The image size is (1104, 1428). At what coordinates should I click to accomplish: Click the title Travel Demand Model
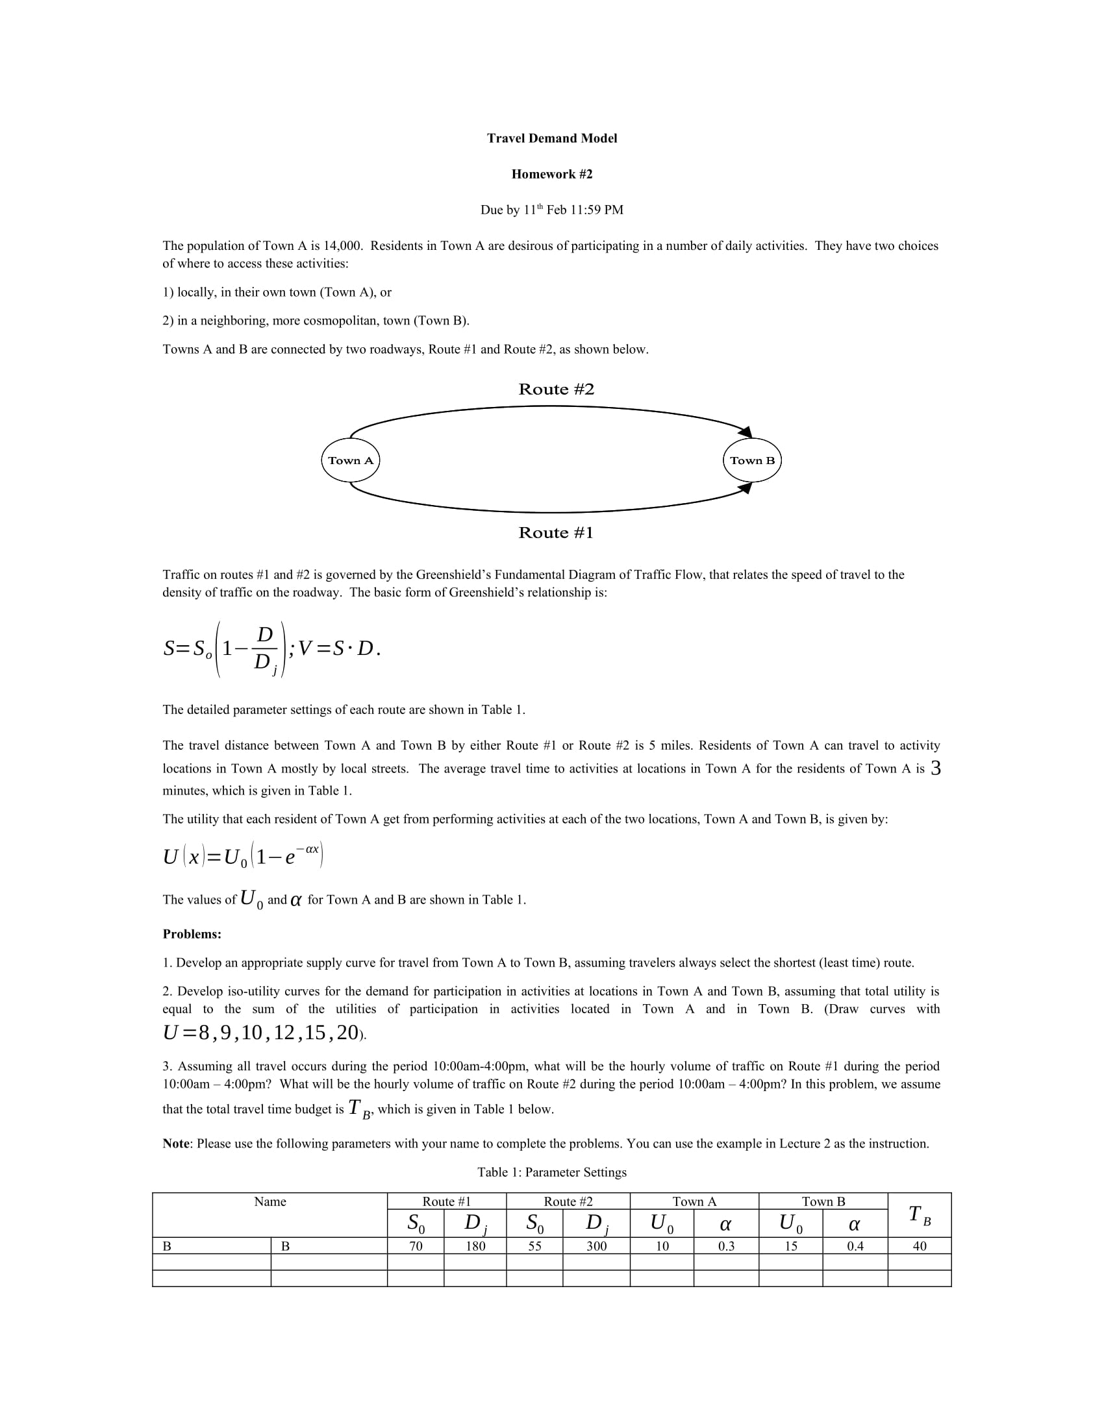point(551,138)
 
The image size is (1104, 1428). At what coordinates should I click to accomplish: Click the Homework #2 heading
point(551,174)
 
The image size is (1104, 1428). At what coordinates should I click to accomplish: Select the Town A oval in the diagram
point(351,460)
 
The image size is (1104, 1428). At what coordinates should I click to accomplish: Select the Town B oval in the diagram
point(752,460)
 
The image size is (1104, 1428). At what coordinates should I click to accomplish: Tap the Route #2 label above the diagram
point(556,389)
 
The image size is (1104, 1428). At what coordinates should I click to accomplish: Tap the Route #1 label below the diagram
point(556,533)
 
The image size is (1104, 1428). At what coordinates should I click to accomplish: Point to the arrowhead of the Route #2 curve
point(746,432)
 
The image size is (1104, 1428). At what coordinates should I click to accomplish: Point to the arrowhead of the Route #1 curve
point(746,488)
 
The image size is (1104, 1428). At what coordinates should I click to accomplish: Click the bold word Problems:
point(192,934)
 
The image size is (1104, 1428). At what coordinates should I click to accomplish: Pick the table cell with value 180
point(475,1246)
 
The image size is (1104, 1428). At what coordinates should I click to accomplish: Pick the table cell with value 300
point(596,1246)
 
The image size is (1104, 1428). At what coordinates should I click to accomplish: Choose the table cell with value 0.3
point(726,1246)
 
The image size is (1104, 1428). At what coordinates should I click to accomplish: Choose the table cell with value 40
point(919,1246)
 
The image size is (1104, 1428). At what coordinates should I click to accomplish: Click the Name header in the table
point(270,1201)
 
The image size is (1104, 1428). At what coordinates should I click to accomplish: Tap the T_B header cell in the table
point(919,1215)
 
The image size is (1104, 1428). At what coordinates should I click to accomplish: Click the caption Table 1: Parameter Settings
point(551,1172)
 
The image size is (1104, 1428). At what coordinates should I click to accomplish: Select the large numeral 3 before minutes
point(935,769)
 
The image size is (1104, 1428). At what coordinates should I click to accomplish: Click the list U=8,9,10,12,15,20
point(262,1033)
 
